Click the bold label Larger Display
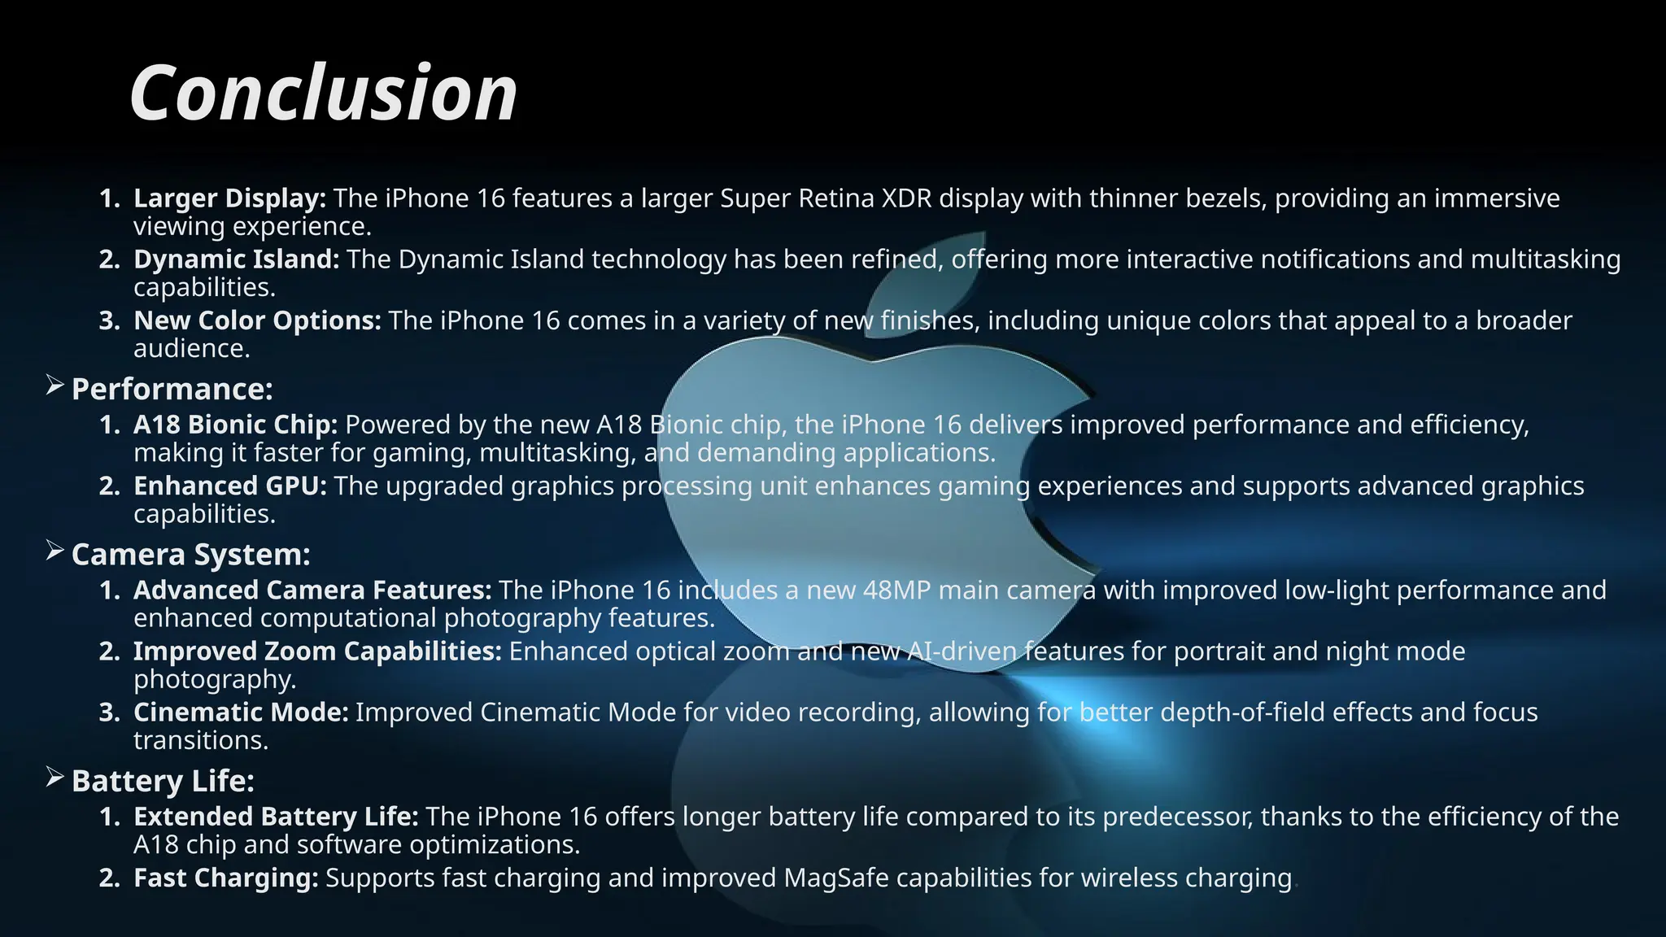click(x=229, y=198)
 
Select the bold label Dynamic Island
click(x=236, y=259)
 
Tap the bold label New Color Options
click(x=257, y=320)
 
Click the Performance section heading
click(x=172, y=389)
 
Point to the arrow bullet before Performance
click(x=55, y=386)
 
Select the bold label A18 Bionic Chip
click(x=235, y=425)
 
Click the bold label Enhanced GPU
click(x=229, y=486)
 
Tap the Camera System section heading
click(x=190, y=554)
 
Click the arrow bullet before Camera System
click(x=55, y=551)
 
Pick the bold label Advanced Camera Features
click(x=312, y=590)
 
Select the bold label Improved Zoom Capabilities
click(x=317, y=651)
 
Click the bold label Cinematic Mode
click(x=241, y=712)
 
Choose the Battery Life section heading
click(x=163, y=781)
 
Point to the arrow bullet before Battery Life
click(x=55, y=778)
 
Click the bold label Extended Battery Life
click(x=276, y=816)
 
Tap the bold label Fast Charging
click(x=225, y=878)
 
